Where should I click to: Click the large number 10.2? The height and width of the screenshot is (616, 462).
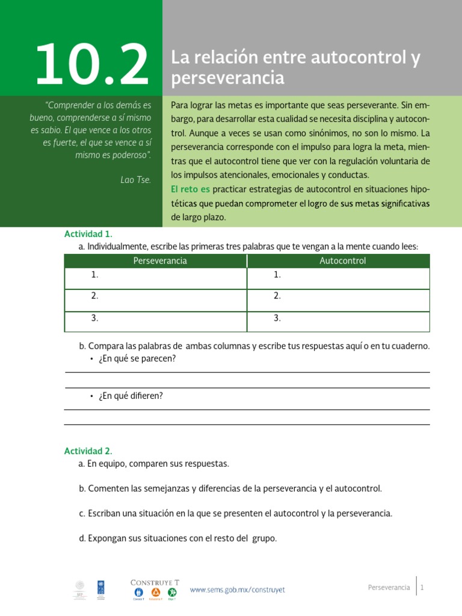pos(92,64)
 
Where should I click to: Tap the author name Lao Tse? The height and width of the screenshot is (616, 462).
pos(135,179)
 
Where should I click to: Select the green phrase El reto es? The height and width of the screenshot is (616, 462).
pos(190,189)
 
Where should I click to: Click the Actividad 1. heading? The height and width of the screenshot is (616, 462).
pos(88,234)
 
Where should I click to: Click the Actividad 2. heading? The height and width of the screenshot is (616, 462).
pos(88,451)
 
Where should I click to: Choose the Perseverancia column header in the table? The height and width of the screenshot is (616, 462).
pos(159,260)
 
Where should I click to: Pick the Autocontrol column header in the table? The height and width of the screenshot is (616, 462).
pos(342,260)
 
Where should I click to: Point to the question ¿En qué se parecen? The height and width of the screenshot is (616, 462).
pos(136,359)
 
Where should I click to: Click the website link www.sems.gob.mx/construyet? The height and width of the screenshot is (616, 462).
pos(237,590)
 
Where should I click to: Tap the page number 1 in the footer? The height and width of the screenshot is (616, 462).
pos(423,588)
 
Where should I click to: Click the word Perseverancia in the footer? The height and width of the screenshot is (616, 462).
pos(389,588)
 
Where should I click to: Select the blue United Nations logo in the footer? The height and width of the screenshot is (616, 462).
pos(100,588)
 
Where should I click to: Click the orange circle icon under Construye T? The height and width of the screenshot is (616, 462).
pos(155,593)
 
